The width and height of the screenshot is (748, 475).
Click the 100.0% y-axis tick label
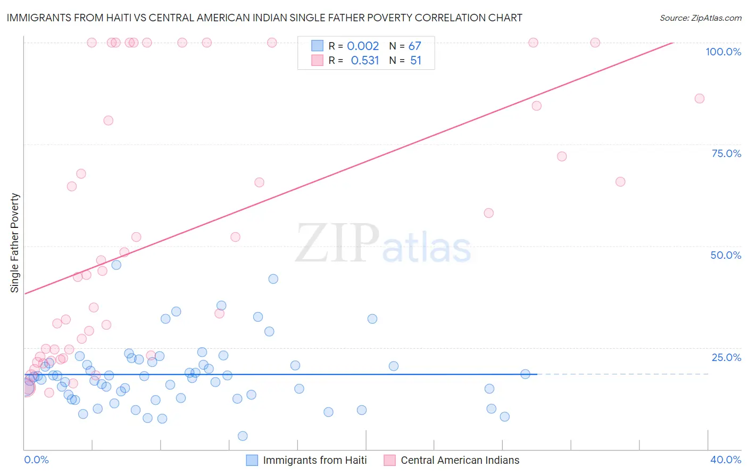[723, 52]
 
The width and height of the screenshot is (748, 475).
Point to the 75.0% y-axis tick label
[726, 153]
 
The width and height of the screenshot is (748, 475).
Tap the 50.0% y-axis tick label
[726, 255]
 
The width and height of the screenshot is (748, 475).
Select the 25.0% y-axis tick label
[726, 357]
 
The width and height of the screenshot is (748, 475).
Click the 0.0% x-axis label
[36, 460]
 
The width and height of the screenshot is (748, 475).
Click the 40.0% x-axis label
[726, 460]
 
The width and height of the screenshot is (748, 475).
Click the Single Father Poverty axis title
[15, 243]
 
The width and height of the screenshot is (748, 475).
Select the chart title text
[264, 18]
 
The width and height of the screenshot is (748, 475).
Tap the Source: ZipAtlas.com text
[700, 18]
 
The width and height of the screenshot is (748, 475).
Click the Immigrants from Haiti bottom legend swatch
[252, 460]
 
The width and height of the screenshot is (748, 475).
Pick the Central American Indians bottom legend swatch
[390, 460]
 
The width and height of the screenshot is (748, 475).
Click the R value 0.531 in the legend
[364, 61]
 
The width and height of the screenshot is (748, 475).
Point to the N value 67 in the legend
[414, 46]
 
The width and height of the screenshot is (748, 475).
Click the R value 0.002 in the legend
[363, 46]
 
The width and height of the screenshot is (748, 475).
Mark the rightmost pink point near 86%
[700, 99]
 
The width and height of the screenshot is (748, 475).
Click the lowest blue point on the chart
[243, 436]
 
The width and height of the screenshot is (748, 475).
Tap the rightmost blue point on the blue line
[525, 374]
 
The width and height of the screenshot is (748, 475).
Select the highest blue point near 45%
[117, 265]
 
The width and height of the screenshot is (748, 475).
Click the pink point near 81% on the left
[109, 120]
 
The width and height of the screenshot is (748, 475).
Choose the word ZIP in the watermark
[337, 243]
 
